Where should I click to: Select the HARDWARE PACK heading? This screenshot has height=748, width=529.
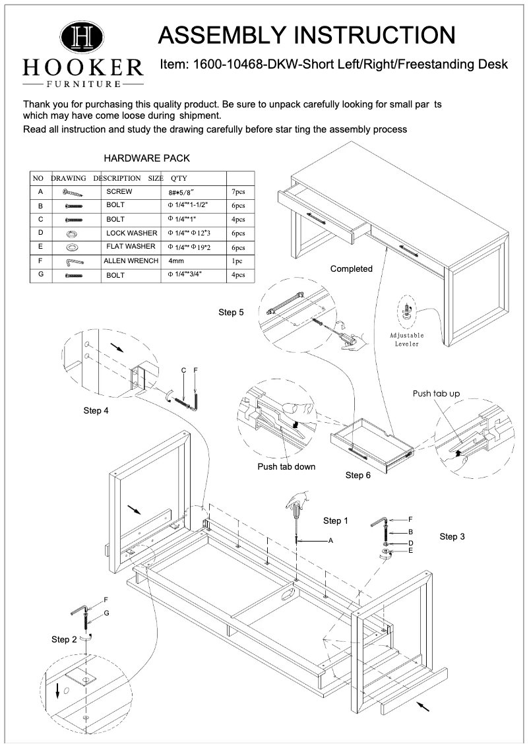[x=147, y=158]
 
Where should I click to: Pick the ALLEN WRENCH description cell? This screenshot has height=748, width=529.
[x=131, y=261]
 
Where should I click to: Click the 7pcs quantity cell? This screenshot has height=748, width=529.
[x=237, y=192]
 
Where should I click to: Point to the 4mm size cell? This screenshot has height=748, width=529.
[x=176, y=261]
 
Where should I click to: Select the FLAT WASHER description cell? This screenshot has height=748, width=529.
[x=131, y=247]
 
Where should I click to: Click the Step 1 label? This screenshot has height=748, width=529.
[x=336, y=521]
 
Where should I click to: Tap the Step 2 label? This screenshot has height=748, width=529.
[x=64, y=639]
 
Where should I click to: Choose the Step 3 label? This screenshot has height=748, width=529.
[x=452, y=537]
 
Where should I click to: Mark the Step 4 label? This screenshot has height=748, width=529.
[x=96, y=410]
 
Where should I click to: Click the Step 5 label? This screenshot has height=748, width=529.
[x=231, y=312]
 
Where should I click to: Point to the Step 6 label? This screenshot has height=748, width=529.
[x=358, y=475]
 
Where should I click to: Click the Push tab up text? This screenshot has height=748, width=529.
[x=436, y=394]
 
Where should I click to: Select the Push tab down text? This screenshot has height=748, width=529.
[x=286, y=466]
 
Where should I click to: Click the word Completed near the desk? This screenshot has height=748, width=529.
[x=351, y=268]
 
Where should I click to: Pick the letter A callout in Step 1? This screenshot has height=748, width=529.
[x=332, y=541]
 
